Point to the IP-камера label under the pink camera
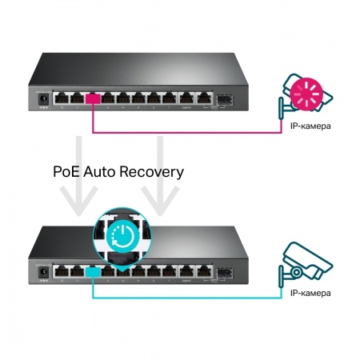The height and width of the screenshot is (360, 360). pos(308,126)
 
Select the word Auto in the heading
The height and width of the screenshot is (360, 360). pos(110,171)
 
